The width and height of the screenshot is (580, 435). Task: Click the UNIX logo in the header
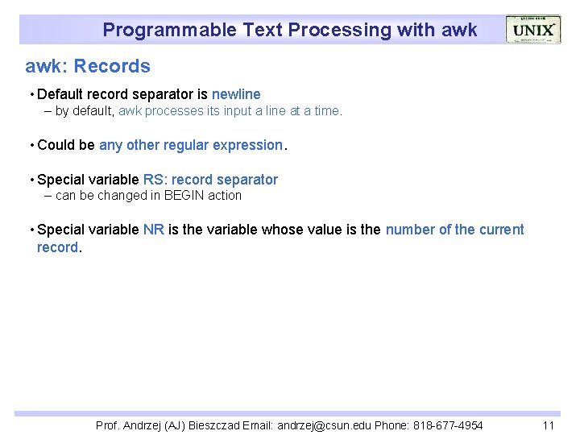532,30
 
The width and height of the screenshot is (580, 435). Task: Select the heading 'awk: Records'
88,66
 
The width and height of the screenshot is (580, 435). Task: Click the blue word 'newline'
236,94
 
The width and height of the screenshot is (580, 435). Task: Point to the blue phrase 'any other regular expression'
191,145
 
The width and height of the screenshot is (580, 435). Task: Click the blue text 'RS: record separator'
210,180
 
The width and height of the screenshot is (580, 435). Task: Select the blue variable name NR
153,230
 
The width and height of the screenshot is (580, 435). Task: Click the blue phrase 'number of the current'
454,230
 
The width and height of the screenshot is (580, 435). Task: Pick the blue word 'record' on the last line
58,247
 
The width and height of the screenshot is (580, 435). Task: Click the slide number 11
549,425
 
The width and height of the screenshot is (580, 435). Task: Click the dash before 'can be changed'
48,195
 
